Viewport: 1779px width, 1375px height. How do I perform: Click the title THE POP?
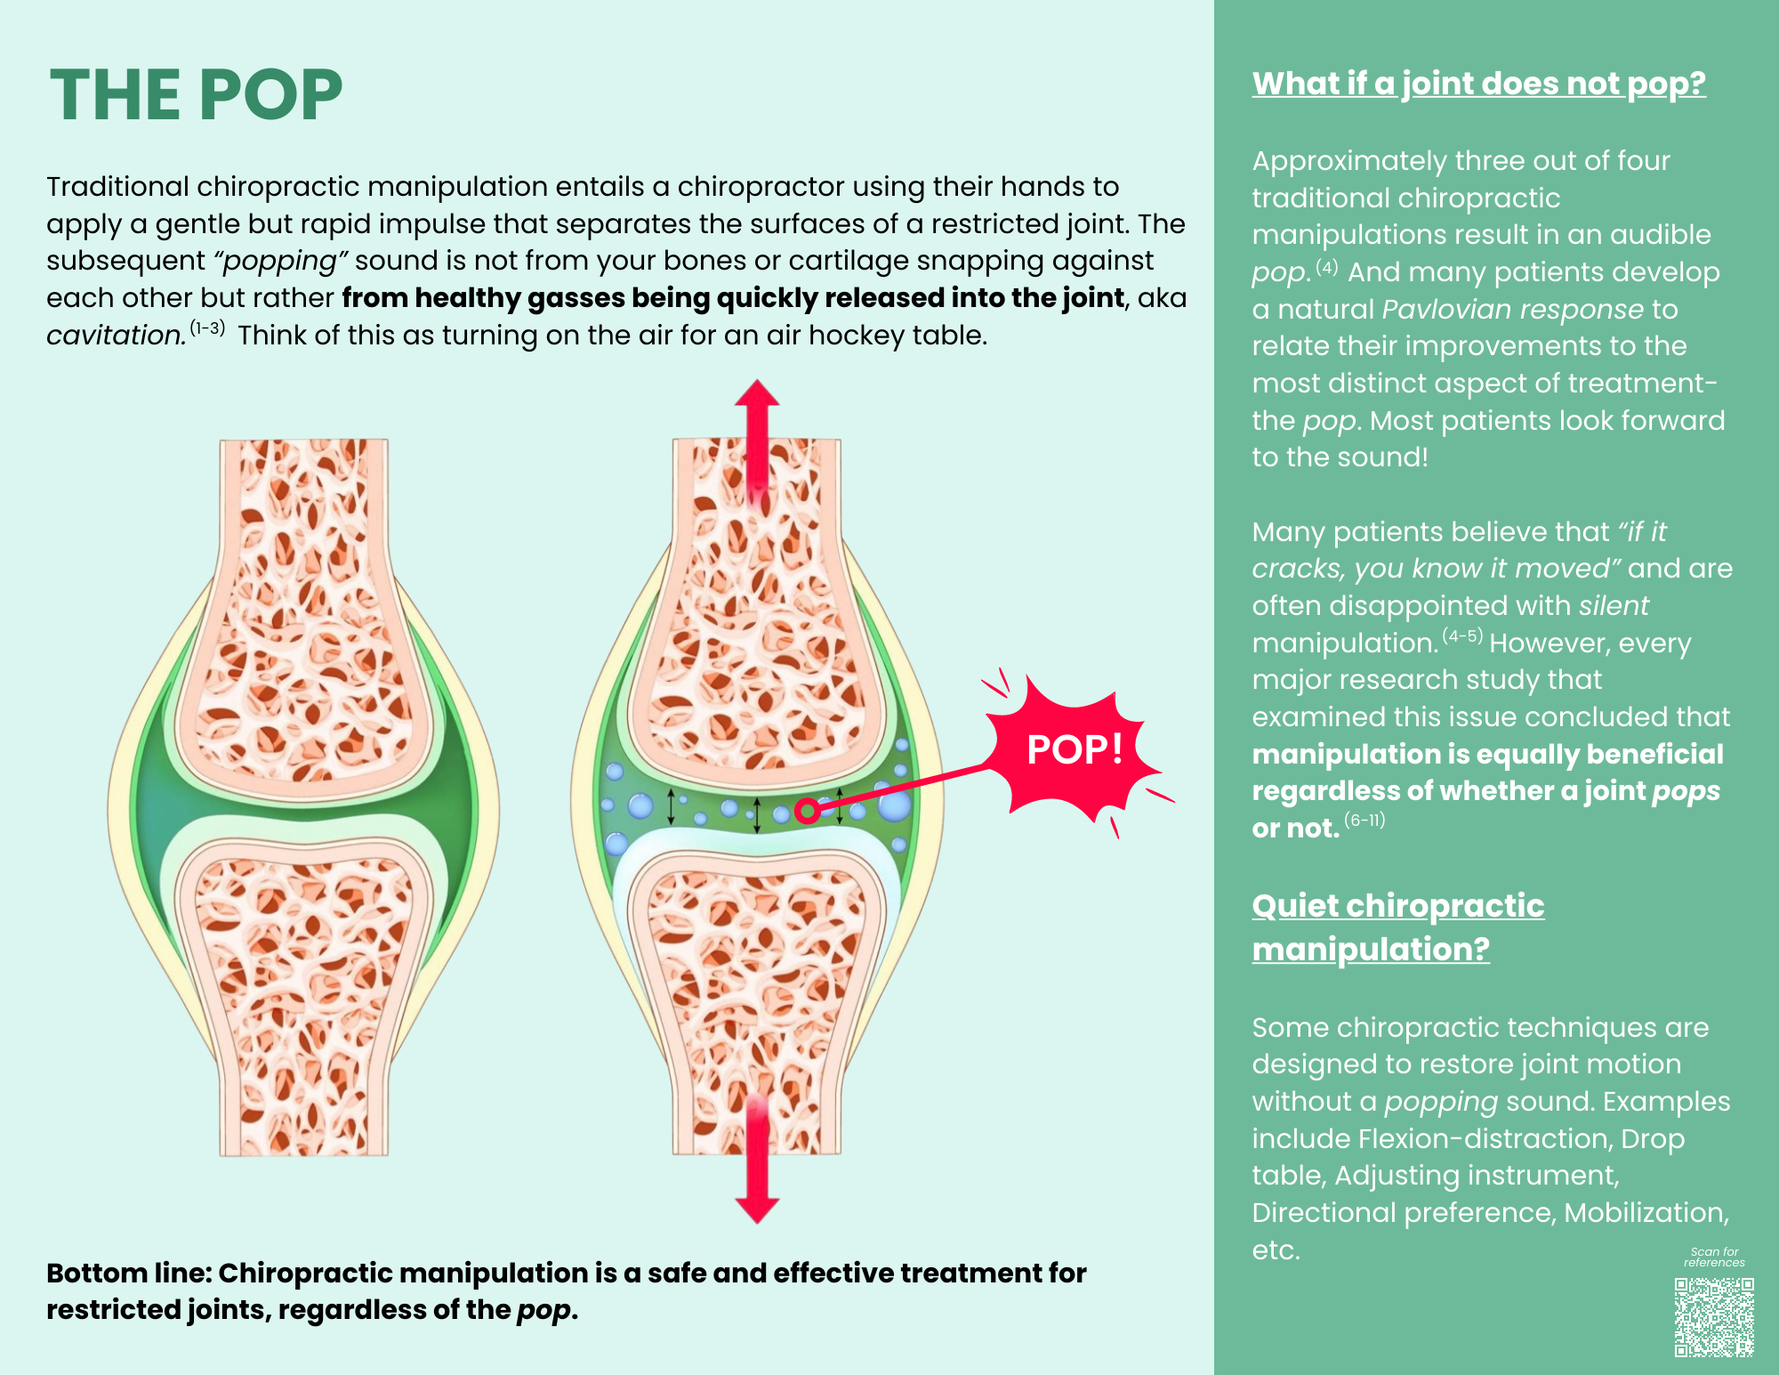(196, 95)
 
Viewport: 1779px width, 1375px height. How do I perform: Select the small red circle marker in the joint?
(807, 811)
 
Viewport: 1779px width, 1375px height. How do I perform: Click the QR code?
(1713, 1317)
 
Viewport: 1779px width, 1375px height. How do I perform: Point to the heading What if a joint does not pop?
(1478, 84)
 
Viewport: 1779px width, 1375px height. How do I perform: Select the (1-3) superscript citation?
(207, 328)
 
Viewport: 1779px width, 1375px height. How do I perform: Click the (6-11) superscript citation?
(1364, 820)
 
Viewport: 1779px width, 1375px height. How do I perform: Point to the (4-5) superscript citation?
(1462, 635)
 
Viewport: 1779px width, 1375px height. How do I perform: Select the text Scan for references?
(1713, 1257)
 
